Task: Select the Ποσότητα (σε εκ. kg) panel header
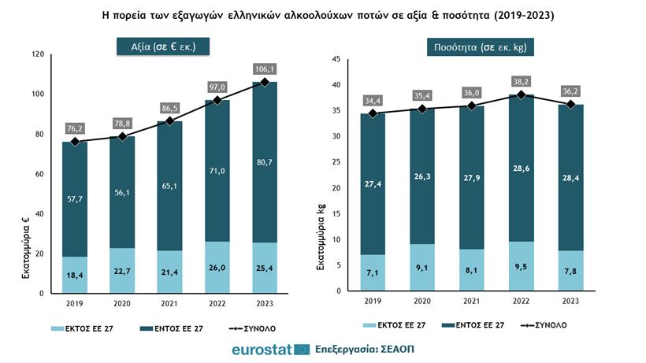(x=470, y=47)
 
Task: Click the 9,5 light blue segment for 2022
(x=521, y=267)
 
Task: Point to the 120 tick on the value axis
(x=37, y=54)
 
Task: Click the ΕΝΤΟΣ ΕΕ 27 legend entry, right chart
(x=473, y=324)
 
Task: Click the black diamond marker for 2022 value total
(x=217, y=101)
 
